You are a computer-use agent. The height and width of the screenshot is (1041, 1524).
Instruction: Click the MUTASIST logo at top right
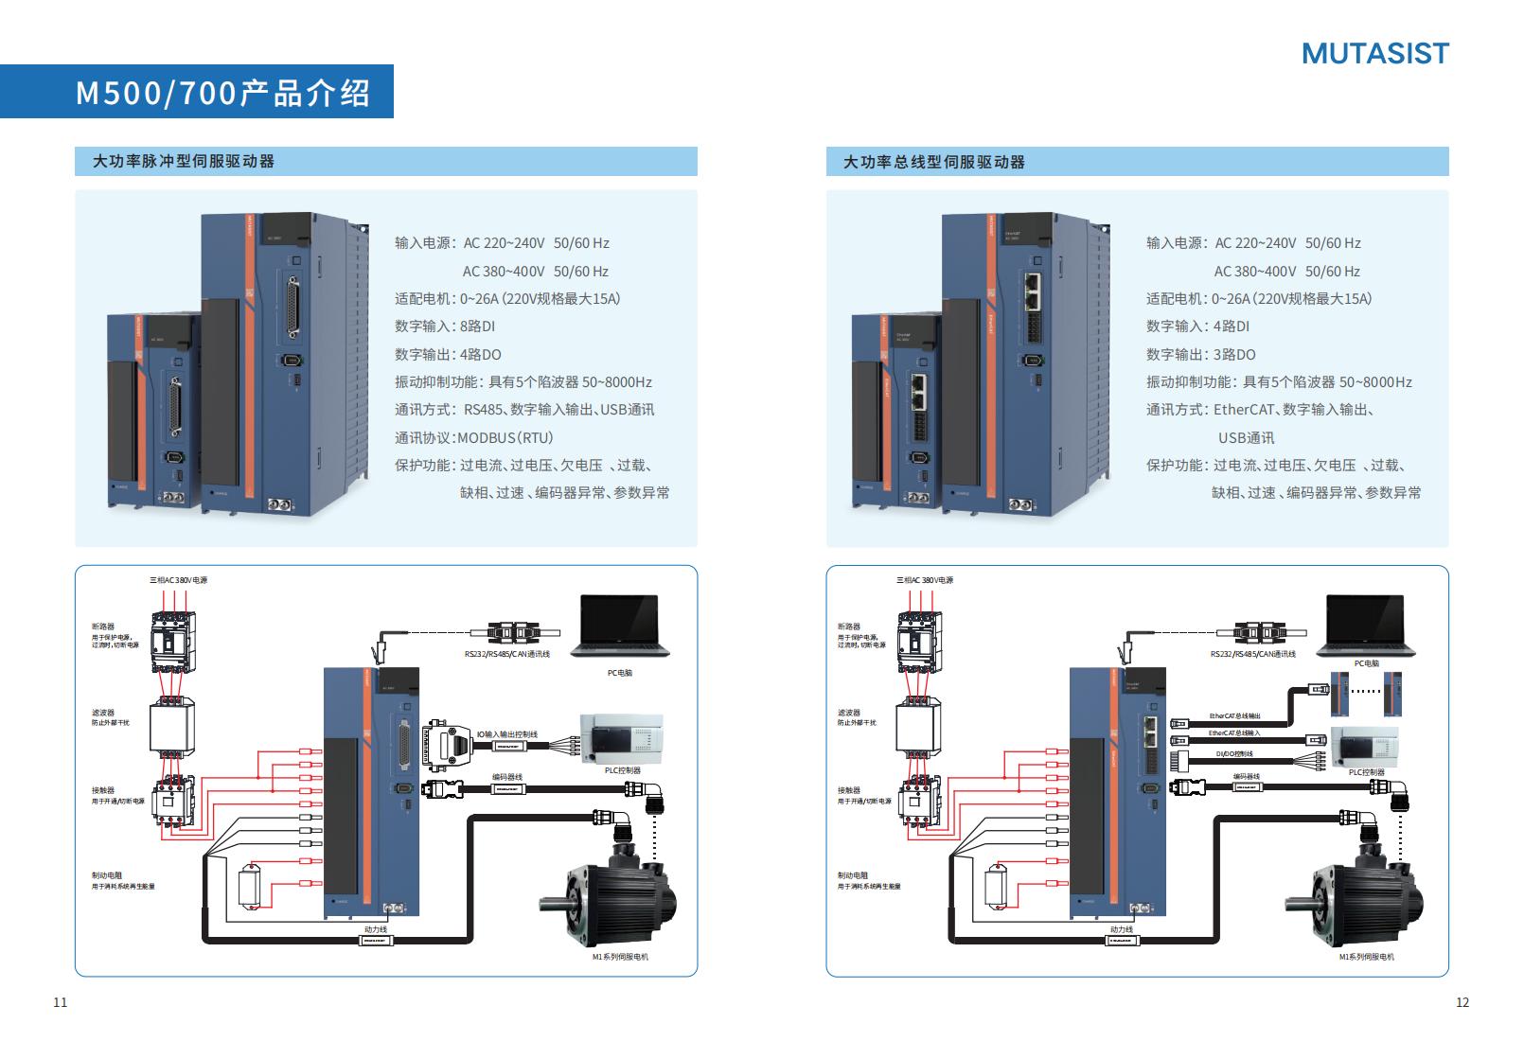pyautogui.click(x=1374, y=53)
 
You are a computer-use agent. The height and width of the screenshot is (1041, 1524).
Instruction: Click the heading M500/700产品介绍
pyautogui.click(x=222, y=93)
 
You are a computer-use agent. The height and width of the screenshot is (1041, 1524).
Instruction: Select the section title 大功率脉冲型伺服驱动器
pyautogui.click(x=184, y=161)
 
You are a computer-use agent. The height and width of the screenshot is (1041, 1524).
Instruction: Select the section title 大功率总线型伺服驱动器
pyautogui.click(x=934, y=162)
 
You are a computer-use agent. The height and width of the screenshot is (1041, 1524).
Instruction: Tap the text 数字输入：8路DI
pyautogui.click(x=445, y=326)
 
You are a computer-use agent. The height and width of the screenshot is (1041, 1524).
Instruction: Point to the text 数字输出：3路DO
pyautogui.click(x=1200, y=354)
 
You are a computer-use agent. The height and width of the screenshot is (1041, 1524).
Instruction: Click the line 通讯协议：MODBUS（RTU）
pyautogui.click(x=473, y=437)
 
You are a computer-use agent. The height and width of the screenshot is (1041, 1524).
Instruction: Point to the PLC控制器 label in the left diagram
pyautogui.click(x=623, y=770)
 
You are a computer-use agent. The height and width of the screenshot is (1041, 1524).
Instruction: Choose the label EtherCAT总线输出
pyautogui.click(x=1234, y=716)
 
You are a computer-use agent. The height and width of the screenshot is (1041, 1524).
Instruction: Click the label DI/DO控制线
pyautogui.click(x=1234, y=754)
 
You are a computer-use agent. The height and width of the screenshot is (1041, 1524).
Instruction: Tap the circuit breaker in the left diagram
pyautogui.click(x=172, y=642)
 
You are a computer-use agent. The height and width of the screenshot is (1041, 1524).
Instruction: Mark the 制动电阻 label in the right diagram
pyautogui.click(x=852, y=875)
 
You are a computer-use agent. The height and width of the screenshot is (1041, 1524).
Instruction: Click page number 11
pyautogui.click(x=61, y=1002)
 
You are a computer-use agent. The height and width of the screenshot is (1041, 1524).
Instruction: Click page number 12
pyautogui.click(x=1462, y=1002)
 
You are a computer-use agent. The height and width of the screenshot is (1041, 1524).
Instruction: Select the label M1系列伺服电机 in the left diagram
pyautogui.click(x=620, y=957)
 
